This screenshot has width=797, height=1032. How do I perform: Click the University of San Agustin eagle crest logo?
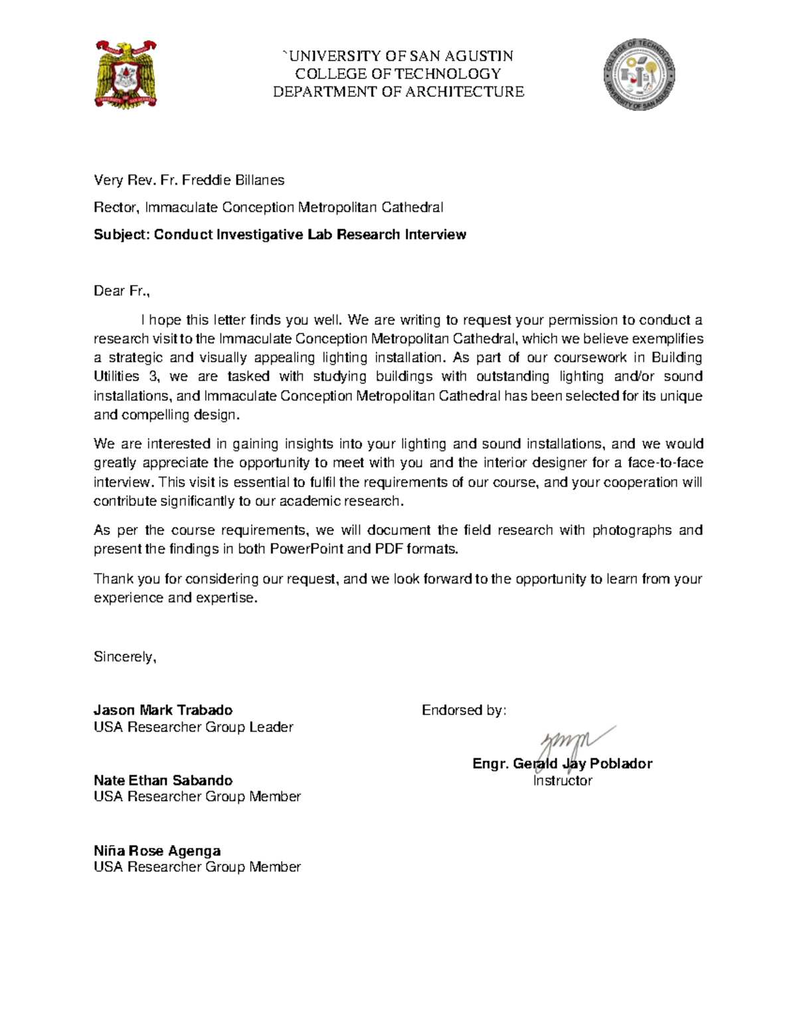coord(126,74)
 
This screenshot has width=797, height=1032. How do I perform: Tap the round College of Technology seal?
coord(639,74)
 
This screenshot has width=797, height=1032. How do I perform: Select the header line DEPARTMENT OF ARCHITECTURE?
coord(398,92)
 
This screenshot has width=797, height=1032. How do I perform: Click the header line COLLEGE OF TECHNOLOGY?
coord(398,74)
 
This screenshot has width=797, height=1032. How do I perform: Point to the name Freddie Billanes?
coord(233,180)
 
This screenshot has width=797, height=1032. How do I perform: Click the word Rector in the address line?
coord(116,207)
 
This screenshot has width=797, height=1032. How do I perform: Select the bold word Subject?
coord(122,235)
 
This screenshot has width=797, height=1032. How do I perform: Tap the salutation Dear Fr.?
coord(122,291)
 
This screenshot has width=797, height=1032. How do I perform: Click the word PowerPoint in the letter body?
coord(306,549)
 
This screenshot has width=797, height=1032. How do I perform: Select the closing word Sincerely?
coord(125,657)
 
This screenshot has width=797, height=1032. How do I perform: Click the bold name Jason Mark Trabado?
coord(163,710)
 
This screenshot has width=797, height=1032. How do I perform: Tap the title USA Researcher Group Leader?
coord(193,727)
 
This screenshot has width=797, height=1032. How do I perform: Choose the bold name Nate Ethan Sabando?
coord(163,780)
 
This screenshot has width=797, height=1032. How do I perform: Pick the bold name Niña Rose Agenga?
coord(157,851)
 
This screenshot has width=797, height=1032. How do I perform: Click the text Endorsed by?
coord(464,710)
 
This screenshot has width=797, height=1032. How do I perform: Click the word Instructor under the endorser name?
coord(562,781)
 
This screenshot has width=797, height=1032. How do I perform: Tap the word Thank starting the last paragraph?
coord(114,579)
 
